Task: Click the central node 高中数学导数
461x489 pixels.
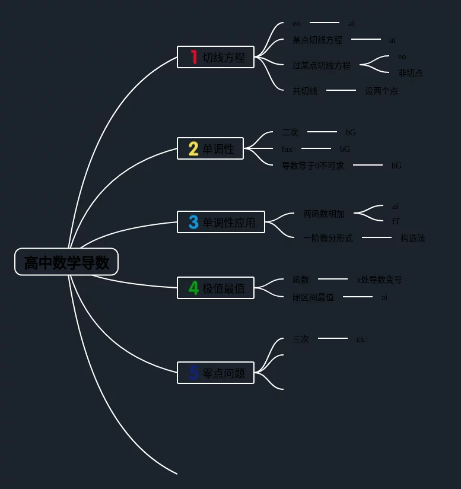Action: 66,262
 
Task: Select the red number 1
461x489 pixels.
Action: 193,57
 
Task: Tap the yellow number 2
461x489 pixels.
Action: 193,148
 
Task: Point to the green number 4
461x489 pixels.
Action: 193,288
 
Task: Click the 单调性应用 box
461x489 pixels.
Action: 221,222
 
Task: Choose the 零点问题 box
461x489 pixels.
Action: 215,373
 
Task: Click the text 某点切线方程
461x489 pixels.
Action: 317,40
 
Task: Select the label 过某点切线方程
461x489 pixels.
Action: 321,65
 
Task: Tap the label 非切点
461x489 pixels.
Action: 410,73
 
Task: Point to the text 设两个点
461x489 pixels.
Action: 381,91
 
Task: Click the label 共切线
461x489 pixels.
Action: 304,91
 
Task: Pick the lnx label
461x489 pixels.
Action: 287,149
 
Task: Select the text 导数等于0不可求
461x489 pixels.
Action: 312,166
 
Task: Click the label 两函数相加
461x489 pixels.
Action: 323,214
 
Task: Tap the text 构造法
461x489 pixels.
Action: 412,238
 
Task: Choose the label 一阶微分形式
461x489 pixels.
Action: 328,238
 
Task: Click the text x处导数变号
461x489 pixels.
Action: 379,280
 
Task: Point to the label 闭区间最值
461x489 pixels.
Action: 313,297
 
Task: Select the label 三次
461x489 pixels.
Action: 300,339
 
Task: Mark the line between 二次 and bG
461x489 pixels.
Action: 322,132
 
